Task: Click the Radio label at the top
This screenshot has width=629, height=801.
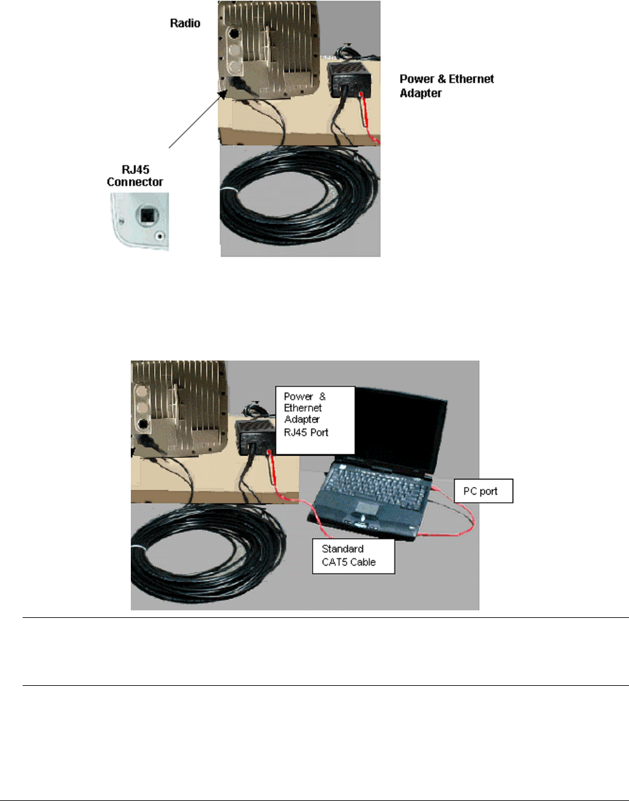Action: (185, 23)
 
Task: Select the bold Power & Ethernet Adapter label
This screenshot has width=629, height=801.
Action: (447, 86)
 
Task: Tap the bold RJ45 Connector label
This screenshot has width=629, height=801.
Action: (135, 176)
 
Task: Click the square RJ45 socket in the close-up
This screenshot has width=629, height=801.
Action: (146, 216)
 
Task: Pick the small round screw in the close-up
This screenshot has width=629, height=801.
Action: (160, 237)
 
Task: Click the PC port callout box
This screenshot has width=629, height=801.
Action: (483, 491)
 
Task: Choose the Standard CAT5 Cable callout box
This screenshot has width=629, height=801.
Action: (353, 556)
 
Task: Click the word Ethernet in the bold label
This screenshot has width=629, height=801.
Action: (471, 79)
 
